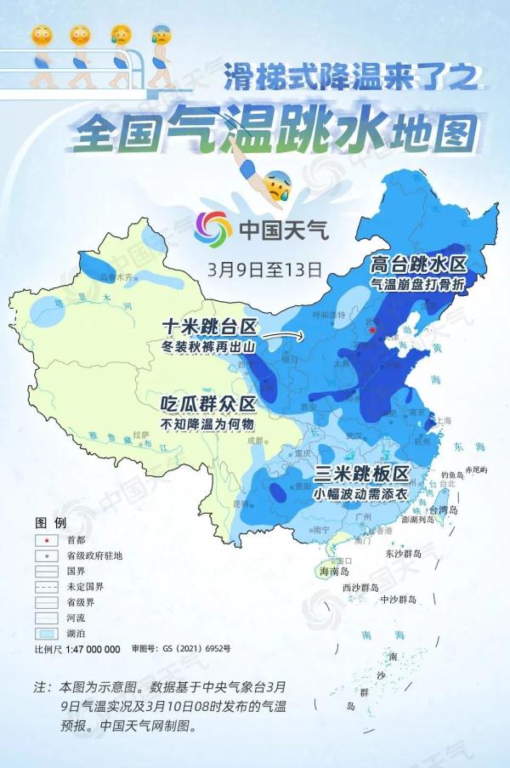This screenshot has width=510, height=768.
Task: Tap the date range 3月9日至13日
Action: pyautogui.click(x=264, y=270)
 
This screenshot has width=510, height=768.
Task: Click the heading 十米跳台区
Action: pyautogui.click(x=209, y=326)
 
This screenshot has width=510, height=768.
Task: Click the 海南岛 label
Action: pyautogui.click(x=334, y=572)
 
